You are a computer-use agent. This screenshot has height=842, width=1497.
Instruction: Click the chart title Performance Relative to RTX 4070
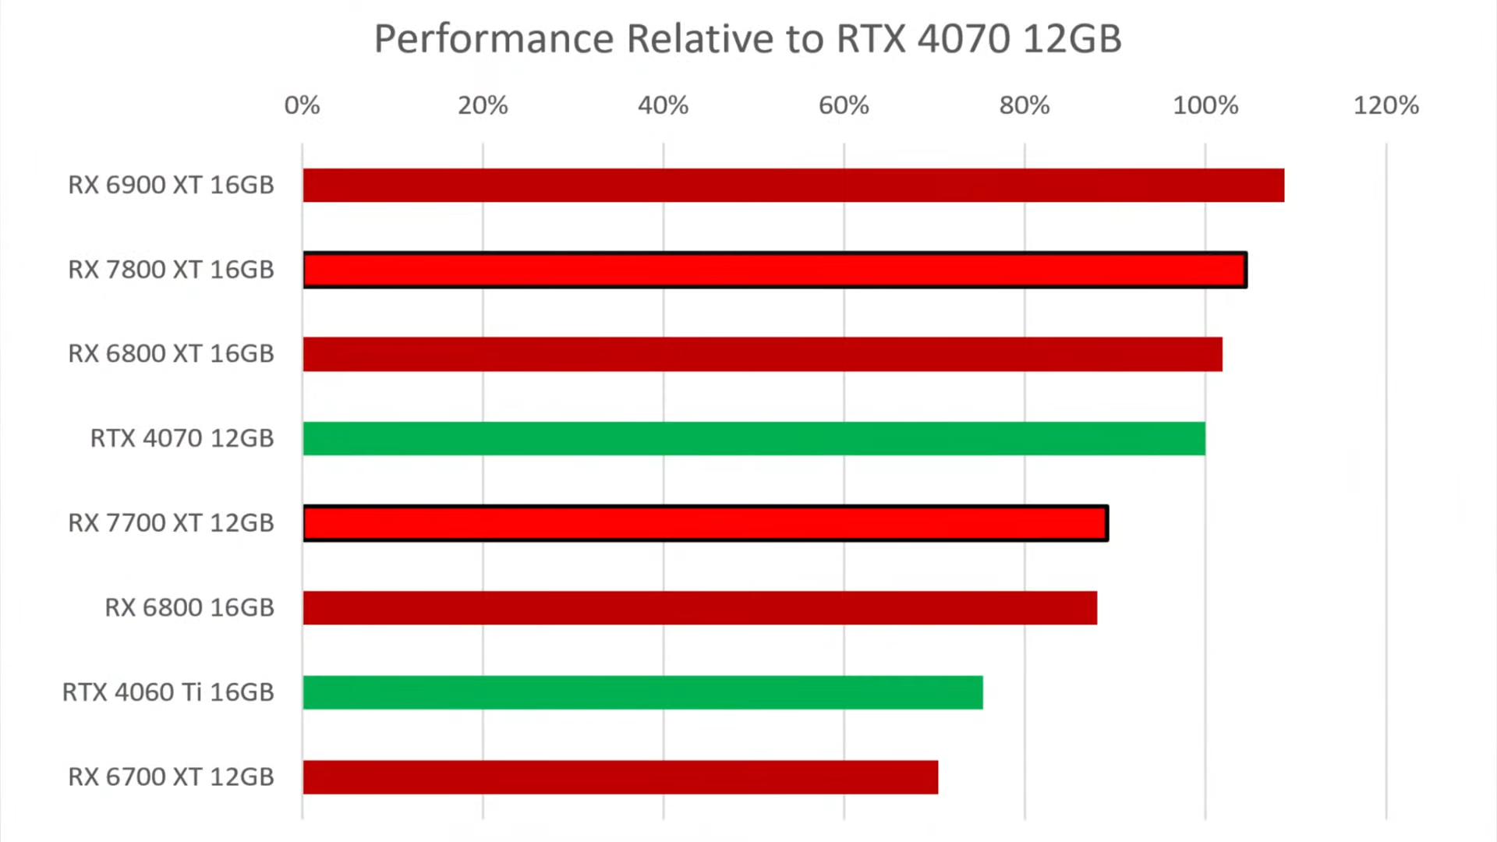(x=748, y=39)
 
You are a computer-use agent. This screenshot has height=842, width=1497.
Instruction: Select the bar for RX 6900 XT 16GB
(x=793, y=186)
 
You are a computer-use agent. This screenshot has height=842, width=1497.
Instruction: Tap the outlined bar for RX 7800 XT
(x=775, y=271)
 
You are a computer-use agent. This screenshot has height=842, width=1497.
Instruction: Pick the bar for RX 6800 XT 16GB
(x=763, y=354)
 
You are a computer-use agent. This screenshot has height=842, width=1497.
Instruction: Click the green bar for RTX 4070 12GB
(x=754, y=438)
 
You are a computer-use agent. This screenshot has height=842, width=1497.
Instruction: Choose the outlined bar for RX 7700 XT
(x=706, y=523)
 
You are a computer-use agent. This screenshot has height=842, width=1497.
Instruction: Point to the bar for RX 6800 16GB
(x=700, y=608)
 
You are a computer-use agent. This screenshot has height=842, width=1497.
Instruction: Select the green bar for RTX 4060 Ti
(x=643, y=692)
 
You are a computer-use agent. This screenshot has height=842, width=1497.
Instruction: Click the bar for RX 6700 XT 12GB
(x=621, y=777)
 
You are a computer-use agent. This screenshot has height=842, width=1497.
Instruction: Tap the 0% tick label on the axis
(x=302, y=105)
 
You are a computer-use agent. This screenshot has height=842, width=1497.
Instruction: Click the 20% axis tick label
(x=483, y=105)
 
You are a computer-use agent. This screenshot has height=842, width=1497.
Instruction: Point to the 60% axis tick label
(x=844, y=105)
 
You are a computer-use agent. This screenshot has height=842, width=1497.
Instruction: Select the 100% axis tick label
(x=1205, y=105)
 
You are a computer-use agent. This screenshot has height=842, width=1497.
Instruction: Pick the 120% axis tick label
(x=1386, y=105)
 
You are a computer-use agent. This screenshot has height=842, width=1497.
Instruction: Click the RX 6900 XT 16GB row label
(x=172, y=186)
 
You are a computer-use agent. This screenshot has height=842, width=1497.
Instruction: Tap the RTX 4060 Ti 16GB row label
(x=168, y=692)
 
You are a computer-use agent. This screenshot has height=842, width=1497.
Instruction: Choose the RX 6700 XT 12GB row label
(x=172, y=777)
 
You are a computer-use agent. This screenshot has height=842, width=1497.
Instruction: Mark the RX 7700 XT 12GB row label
(x=172, y=523)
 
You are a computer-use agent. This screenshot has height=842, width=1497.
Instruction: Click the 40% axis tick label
(x=663, y=105)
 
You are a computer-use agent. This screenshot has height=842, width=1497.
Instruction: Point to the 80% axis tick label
(x=1025, y=105)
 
